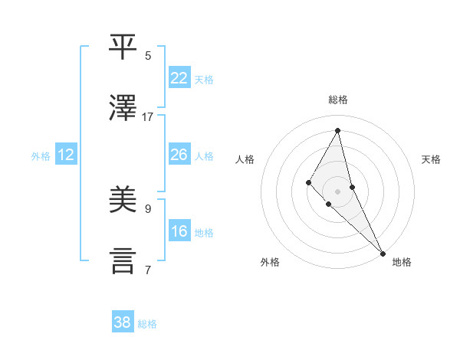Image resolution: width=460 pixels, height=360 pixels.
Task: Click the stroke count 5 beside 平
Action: (x=148, y=55)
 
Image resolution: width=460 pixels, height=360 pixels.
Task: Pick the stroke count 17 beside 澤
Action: (x=148, y=116)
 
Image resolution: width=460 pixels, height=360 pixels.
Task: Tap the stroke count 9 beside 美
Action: (x=148, y=208)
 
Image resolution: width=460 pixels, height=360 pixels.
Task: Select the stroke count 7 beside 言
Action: (x=148, y=270)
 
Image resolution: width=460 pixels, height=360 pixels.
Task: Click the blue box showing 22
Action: (x=179, y=78)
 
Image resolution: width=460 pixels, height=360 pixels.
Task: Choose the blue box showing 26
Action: (x=179, y=155)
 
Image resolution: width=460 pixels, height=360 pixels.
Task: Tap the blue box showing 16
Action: (x=179, y=231)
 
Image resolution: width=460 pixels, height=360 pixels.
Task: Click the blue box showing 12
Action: (x=66, y=155)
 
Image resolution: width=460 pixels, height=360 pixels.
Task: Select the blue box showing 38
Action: (x=123, y=322)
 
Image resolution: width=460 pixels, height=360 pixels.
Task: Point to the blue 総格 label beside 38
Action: (x=147, y=324)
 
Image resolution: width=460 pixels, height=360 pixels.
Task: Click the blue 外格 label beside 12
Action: (x=41, y=156)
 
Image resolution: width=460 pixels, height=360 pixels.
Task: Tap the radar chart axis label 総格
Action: (x=338, y=100)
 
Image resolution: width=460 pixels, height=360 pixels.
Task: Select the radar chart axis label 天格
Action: (x=432, y=159)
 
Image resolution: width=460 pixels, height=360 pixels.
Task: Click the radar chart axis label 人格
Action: (x=245, y=159)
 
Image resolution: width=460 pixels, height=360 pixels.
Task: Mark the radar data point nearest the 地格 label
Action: (x=382, y=252)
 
